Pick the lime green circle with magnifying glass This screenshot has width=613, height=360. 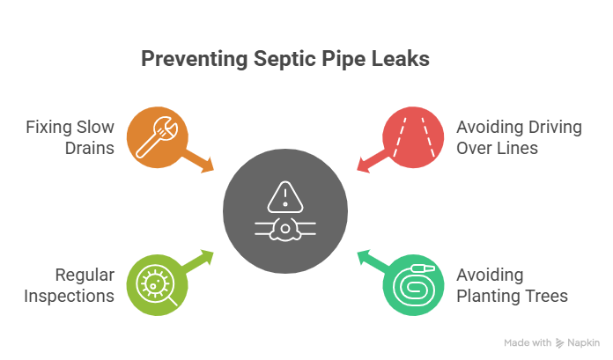tap(156, 283)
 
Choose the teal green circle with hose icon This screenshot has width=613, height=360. tap(412, 283)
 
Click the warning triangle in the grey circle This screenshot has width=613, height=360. tap(284, 195)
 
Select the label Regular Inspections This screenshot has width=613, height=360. tap(71, 285)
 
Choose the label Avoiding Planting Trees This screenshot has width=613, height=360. tap(512, 285)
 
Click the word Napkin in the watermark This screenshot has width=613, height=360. tap(583, 342)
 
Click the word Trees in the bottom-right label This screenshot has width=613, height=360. tap(548, 295)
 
